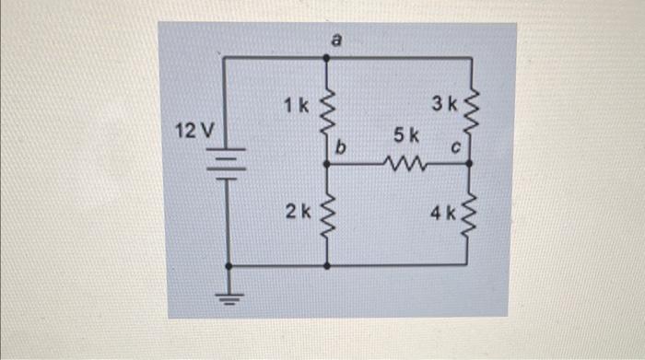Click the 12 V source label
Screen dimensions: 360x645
[x=195, y=132]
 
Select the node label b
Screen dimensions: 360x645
[x=341, y=146]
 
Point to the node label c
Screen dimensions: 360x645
[x=455, y=146]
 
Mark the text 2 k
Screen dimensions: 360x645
[x=297, y=212]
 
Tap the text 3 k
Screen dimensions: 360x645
[x=445, y=100]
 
